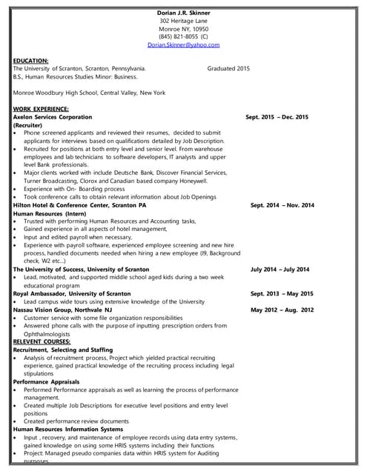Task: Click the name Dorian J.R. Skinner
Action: tap(183, 13)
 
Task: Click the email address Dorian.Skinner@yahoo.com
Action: tap(183, 44)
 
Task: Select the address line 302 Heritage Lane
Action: tap(183, 21)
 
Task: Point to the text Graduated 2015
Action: tap(228, 68)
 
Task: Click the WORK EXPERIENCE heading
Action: tap(41, 109)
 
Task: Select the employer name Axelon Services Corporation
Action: tap(53, 117)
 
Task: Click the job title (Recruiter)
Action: tap(28, 125)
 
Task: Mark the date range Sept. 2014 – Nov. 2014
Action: tap(282, 205)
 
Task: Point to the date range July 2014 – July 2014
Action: tap(280, 270)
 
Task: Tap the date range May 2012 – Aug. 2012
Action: tap(282, 310)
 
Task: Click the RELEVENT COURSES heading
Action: tap(42, 341)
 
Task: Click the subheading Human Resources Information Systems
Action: tap(68, 430)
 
